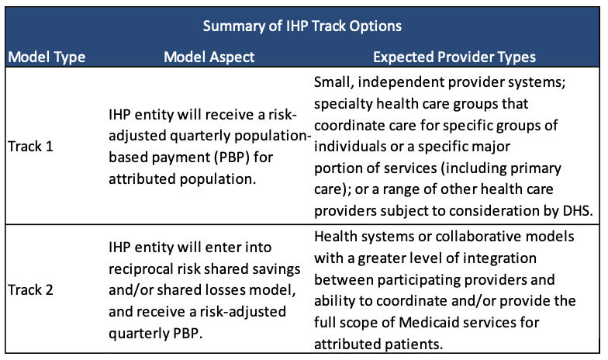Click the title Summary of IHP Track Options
pos(302,26)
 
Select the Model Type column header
pos(47,57)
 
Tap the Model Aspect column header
pos(209,57)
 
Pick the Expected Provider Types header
pos(454,57)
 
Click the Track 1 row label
pos(30,146)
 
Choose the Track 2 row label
pos(30,290)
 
